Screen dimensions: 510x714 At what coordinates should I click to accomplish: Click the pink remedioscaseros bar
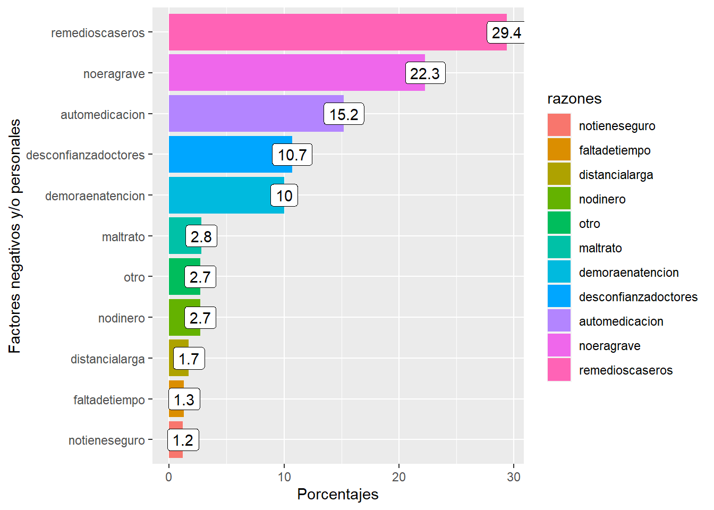click(319, 32)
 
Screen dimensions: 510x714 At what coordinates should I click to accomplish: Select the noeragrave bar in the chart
click(287, 73)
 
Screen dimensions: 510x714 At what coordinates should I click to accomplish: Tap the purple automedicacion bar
click(244, 114)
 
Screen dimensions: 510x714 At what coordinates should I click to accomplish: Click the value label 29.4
click(506, 33)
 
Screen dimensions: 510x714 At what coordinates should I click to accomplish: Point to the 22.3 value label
click(425, 73)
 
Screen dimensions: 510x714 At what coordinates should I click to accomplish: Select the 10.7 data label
click(292, 155)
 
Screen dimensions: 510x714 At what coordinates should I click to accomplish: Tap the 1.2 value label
click(183, 440)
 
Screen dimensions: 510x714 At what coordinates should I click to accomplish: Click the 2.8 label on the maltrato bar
click(201, 236)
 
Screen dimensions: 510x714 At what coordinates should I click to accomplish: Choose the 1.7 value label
click(189, 359)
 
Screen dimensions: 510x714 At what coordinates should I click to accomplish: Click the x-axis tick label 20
click(399, 477)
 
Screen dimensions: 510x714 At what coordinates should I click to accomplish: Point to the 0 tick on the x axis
click(169, 477)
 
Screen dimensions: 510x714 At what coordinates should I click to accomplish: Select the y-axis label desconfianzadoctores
click(86, 155)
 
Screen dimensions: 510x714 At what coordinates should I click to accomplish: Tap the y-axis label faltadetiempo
click(109, 400)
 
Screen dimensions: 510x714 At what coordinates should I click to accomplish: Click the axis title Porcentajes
click(338, 495)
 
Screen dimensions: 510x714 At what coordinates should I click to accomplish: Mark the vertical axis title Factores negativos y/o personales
click(15, 236)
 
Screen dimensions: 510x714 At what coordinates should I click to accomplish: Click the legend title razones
click(574, 99)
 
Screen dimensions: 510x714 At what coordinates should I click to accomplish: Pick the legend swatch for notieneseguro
click(559, 125)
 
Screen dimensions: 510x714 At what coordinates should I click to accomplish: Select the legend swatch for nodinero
click(559, 199)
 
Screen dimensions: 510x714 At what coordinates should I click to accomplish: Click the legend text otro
click(590, 224)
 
